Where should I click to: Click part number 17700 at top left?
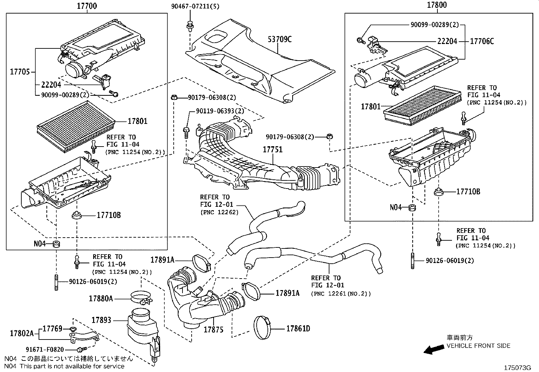click(x=87, y=6)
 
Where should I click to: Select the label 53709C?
click(x=279, y=40)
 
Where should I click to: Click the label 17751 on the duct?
click(x=273, y=149)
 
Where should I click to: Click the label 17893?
click(x=101, y=320)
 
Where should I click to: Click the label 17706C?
click(x=482, y=41)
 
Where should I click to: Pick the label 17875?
click(x=213, y=329)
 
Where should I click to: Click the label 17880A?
click(x=101, y=299)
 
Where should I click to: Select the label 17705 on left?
click(x=20, y=72)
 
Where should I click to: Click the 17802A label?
click(x=22, y=333)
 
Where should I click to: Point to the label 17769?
click(x=52, y=329)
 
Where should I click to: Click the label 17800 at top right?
click(x=436, y=5)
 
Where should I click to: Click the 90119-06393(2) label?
click(x=220, y=111)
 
